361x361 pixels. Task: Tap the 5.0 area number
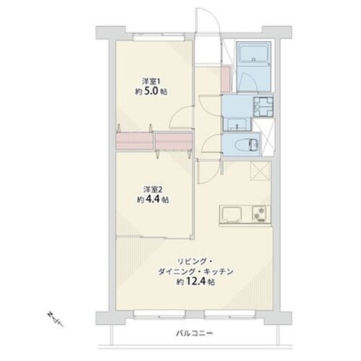pos(152,92)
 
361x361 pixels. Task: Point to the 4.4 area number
pos(153,200)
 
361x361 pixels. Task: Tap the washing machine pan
pos(263,107)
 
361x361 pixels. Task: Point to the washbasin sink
pos(237,124)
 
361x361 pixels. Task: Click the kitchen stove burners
pos(261,214)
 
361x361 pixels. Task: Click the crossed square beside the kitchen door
pos(260,171)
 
